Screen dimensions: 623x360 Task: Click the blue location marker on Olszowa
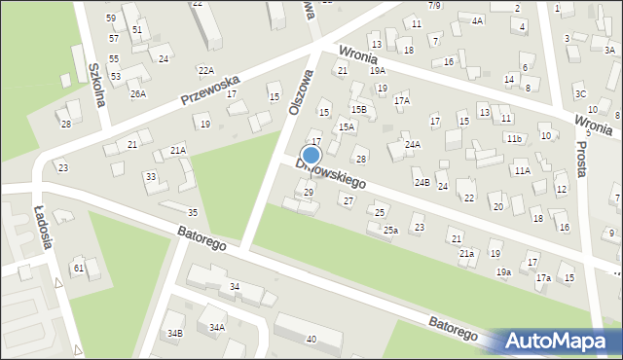311,155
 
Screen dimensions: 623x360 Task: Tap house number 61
78,268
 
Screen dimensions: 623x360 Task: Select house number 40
311,339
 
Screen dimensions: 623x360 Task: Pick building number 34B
173,334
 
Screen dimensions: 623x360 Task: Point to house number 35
193,212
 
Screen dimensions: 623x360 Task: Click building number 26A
138,94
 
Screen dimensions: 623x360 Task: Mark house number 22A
205,70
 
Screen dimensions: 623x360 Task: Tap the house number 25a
390,231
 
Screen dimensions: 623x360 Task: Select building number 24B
421,182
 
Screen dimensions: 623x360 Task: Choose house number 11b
514,139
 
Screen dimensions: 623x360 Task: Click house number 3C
580,94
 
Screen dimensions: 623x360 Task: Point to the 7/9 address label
433,6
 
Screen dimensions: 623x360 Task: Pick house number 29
309,193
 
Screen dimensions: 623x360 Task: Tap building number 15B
359,109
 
